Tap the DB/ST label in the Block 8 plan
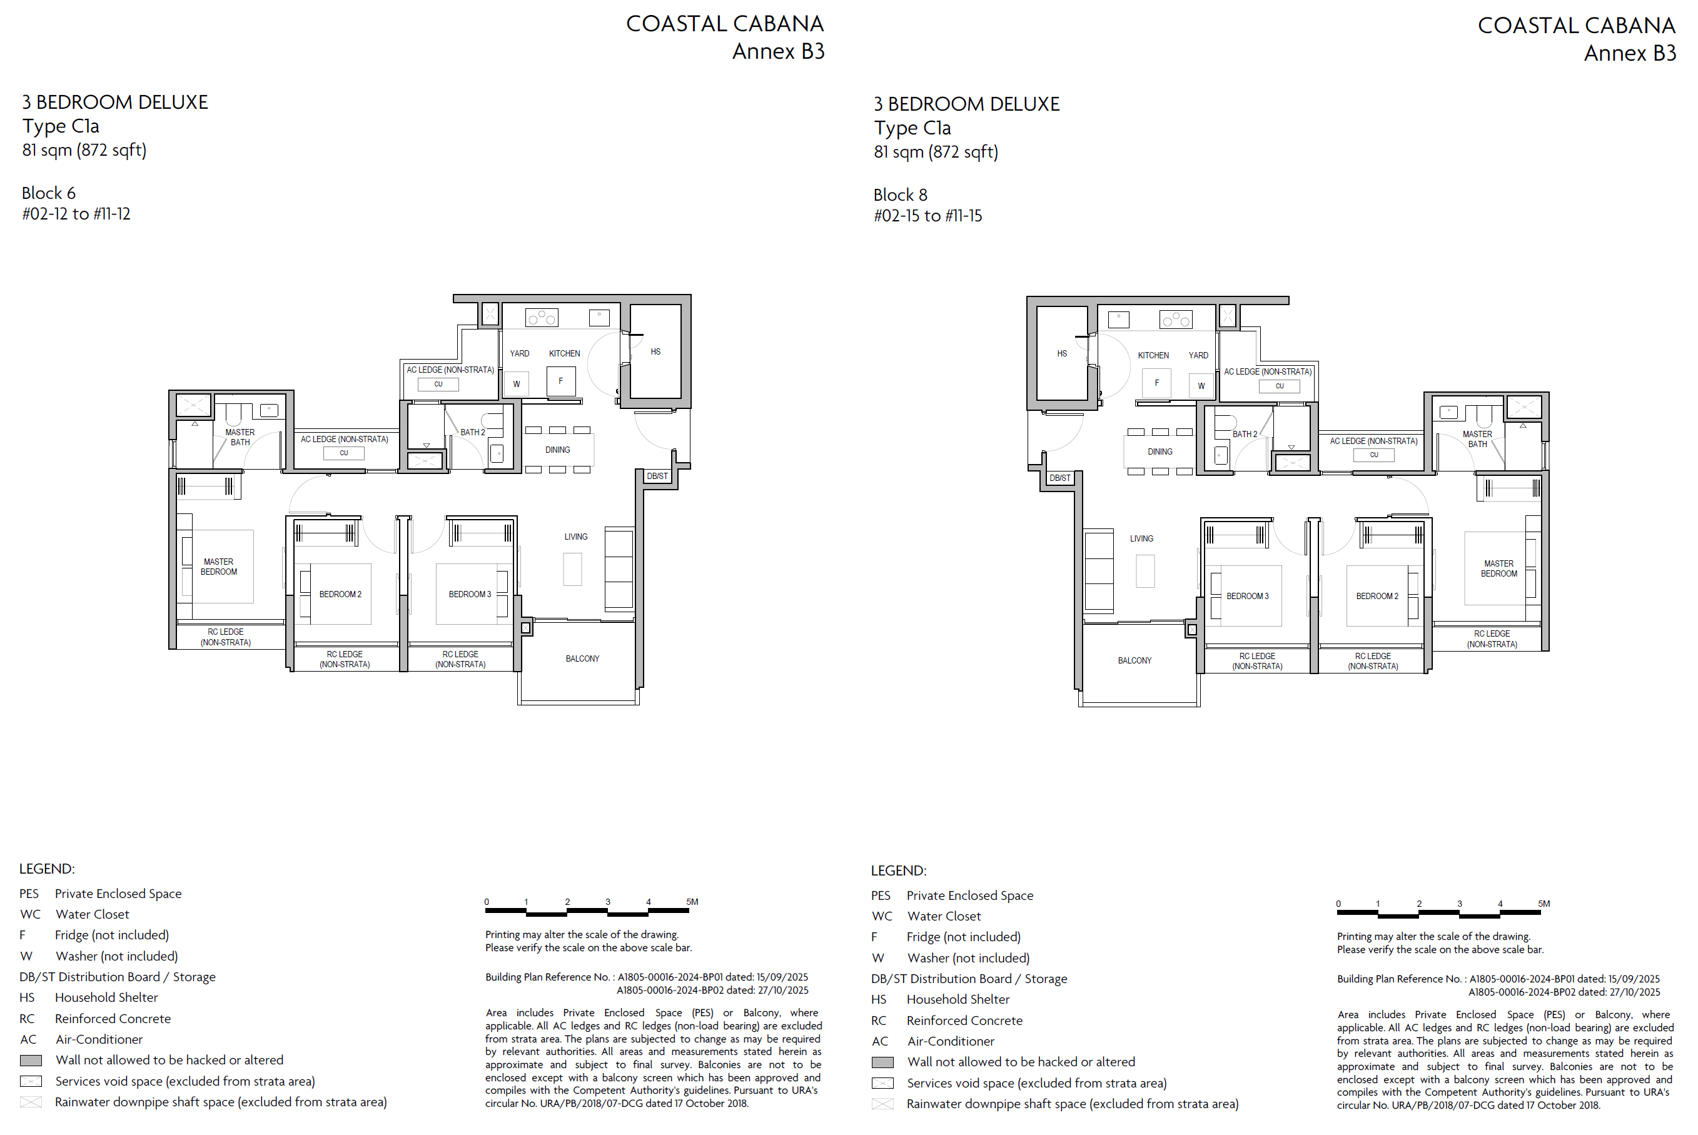(x=1059, y=478)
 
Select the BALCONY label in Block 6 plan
(x=583, y=658)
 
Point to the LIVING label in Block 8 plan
(x=1141, y=538)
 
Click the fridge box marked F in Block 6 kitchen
(x=561, y=381)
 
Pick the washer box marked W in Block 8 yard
(x=1201, y=386)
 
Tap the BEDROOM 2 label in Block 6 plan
(x=340, y=594)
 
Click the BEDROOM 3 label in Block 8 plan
(x=1248, y=597)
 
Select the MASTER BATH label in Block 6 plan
(x=240, y=437)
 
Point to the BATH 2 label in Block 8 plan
(x=1245, y=435)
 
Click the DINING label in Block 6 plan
(x=557, y=450)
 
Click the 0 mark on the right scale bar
(x=1338, y=904)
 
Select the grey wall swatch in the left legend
(x=31, y=1061)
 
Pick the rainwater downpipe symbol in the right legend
(x=882, y=1104)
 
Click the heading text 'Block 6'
(x=49, y=193)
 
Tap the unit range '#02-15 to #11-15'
(x=928, y=216)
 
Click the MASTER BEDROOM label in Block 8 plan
(x=1499, y=569)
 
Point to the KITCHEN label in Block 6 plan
(x=565, y=353)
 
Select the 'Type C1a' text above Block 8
(x=912, y=128)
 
